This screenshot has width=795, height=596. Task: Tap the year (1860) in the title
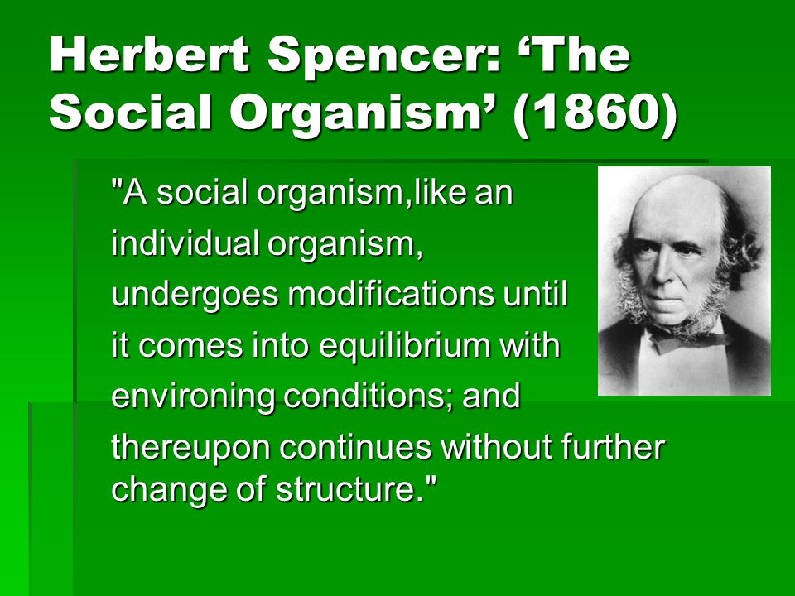tap(595, 113)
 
